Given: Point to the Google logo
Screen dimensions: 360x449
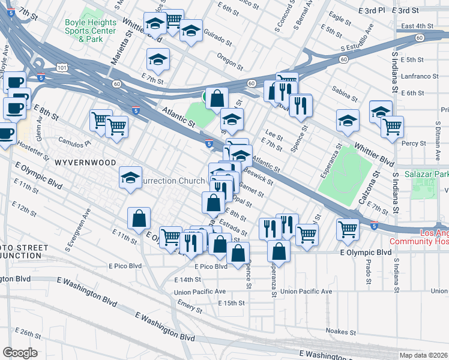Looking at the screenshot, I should click(x=20, y=353).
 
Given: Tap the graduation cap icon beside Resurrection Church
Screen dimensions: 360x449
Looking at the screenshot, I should click(x=130, y=178).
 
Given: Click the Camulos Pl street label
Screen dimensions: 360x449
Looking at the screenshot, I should click(x=74, y=143).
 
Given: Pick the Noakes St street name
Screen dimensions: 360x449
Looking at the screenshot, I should click(x=341, y=331).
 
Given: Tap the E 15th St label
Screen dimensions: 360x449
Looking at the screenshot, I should click(x=227, y=303).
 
